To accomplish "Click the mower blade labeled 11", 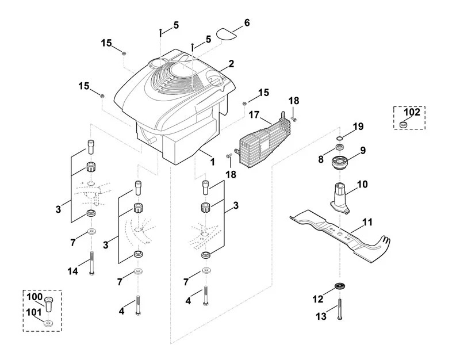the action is click(x=340, y=235).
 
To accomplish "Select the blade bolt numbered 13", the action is click(x=340, y=309).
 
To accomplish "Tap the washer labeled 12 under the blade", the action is click(x=340, y=285).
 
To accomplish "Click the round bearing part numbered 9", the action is click(x=340, y=162).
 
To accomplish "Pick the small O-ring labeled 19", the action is click(x=339, y=138).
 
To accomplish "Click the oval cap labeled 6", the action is click(x=226, y=33).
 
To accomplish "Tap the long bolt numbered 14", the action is click(x=92, y=263).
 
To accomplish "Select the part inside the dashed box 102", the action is click(x=404, y=124).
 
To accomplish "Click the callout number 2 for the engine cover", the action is click(x=232, y=63).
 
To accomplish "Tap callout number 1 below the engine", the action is click(x=212, y=162).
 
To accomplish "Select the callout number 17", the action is click(x=254, y=114).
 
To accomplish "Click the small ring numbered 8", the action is click(x=340, y=147).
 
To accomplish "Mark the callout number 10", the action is click(x=362, y=184).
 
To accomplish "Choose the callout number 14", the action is click(x=73, y=271).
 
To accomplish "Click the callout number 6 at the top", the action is click(x=247, y=22).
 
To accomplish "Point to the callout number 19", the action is click(x=358, y=127).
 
